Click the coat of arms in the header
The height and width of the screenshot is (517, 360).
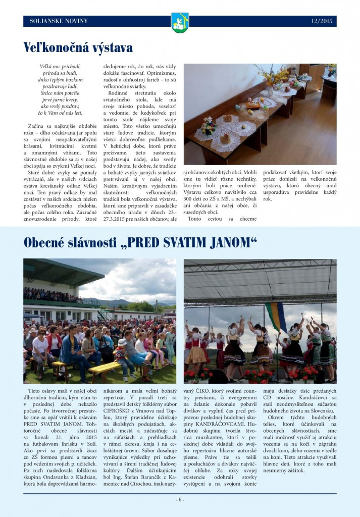click(180, 22)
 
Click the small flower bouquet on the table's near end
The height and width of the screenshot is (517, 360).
click(208, 126)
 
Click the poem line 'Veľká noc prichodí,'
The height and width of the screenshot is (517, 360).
click(60, 67)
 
